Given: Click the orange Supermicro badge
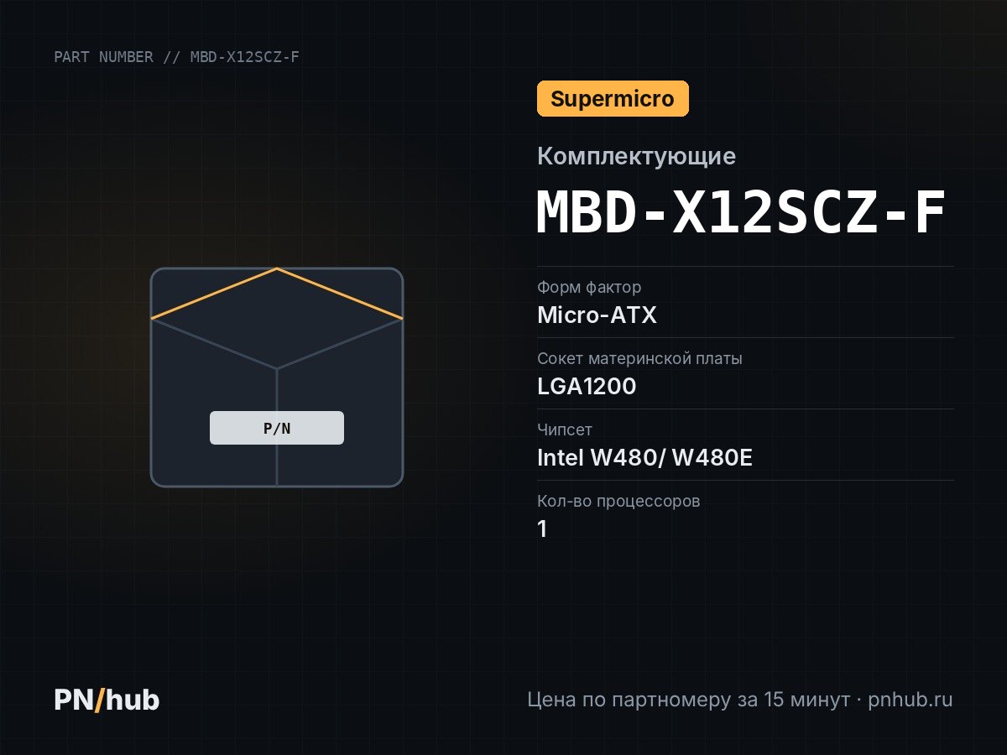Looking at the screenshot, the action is click(x=613, y=98).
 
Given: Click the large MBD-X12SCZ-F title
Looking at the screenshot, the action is click(x=741, y=212).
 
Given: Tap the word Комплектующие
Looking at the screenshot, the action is click(x=636, y=156).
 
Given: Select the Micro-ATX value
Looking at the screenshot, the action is click(x=597, y=315).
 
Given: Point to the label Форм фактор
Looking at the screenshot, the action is click(x=589, y=288).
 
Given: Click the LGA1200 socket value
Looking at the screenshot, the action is click(x=587, y=386).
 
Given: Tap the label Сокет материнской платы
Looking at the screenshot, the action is click(x=639, y=358).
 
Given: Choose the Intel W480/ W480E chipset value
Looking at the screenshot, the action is click(x=644, y=457).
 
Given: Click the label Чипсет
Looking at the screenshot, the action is click(x=564, y=430).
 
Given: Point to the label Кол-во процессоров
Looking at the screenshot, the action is click(x=618, y=501).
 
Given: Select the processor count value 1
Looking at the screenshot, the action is click(x=542, y=528).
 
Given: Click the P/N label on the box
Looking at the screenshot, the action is click(x=277, y=428).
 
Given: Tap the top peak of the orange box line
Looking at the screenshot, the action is click(x=277, y=268).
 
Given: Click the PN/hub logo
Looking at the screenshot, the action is click(x=107, y=700).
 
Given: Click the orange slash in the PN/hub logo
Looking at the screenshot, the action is click(x=100, y=700).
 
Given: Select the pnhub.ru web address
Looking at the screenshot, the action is click(x=910, y=700).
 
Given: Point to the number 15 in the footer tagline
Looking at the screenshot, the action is click(x=774, y=700).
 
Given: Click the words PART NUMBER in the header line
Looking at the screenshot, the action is click(x=104, y=57).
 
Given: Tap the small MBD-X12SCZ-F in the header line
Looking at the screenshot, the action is click(x=244, y=57).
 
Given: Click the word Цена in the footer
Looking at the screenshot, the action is click(x=551, y=700).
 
